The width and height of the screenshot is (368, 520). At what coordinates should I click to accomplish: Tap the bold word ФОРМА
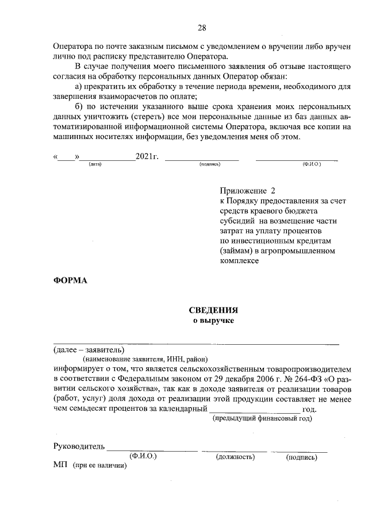click(x=70, y=280)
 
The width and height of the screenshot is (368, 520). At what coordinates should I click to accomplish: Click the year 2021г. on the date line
click(x=147, y=156)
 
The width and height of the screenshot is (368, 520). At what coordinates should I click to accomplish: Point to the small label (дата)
click(x=95, y=164)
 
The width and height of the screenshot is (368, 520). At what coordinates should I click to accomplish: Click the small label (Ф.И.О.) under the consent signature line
click(x=311, y=164)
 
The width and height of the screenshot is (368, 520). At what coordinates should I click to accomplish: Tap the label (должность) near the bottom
click(x=235, y=457)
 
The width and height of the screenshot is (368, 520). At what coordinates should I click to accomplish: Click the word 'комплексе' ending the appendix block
click(x=239, y=260)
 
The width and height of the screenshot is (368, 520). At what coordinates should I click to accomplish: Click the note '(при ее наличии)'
click(x=99, y=465)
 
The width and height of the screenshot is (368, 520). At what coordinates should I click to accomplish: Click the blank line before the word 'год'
click(x=255, y=409)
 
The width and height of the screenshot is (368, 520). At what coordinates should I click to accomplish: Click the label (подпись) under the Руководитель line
click(x=301, y=457)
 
